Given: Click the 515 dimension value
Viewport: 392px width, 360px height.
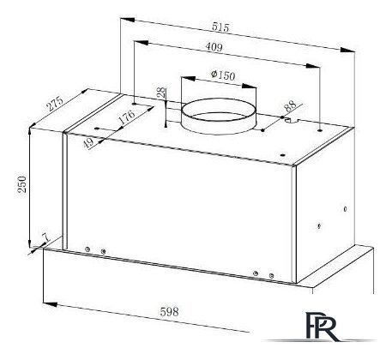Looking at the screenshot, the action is [220, 27].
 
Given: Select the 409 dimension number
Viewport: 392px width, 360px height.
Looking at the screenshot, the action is [214, 47].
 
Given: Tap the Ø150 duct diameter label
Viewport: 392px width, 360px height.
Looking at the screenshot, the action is [223, 75].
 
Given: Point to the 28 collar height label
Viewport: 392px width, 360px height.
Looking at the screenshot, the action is [161, 93].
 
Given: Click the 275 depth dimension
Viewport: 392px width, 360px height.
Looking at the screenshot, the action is [55, 104].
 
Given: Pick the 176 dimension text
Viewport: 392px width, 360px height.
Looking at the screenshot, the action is [126, 117].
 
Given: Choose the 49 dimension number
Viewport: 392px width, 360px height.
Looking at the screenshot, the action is [89, 142].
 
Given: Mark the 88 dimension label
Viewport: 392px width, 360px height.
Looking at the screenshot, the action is [290, 105].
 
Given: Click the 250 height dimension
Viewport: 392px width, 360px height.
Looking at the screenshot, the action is [22, 184].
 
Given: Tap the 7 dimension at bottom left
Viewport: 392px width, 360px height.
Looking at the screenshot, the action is [45, 237].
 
